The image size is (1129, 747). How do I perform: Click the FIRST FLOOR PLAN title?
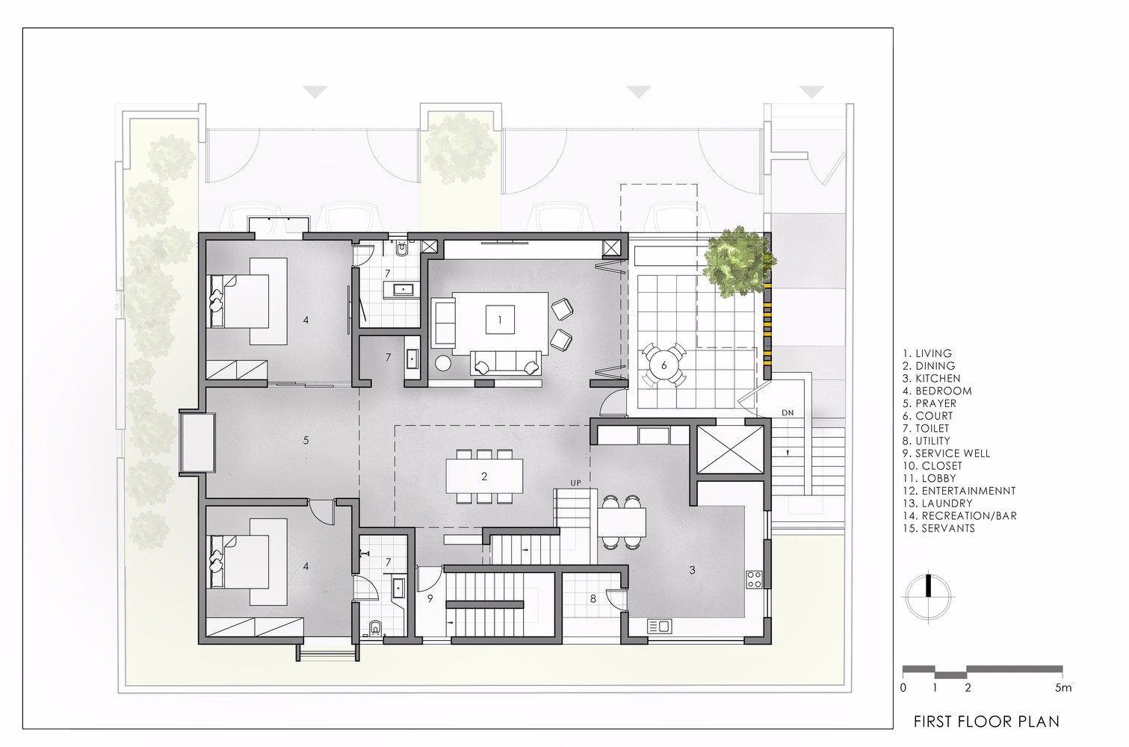coord(986,722)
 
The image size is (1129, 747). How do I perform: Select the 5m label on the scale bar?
coord(1062,687)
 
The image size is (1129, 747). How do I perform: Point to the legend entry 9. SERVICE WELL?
coord(946,453)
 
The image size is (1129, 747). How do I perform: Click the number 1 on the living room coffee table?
coord(500,320)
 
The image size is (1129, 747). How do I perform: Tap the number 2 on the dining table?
coord(484,476)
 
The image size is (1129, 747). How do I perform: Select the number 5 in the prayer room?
coord(306,440)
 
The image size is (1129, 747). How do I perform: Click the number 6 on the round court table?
coord(664,365)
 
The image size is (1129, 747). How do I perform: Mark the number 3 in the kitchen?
coord(692,570)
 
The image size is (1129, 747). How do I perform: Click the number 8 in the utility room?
coord(593,598)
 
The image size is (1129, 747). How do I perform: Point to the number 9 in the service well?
coord(430,598)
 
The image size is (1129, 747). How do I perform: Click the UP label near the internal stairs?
coord(575,483)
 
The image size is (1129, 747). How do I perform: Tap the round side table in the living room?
coord(443,364)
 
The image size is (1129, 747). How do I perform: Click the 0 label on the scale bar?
coord(903,687)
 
